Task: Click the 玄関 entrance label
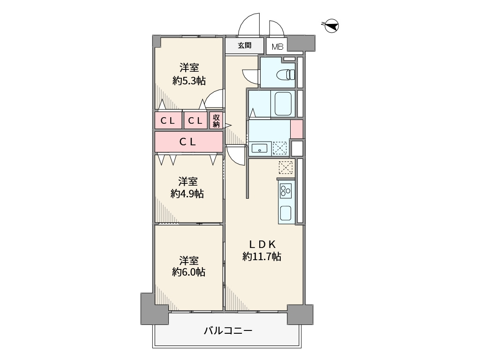click(x=245, y=45)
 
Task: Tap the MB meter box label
click(x=277, y=47)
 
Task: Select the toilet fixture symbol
click(x=285, y=75)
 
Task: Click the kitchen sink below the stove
click(x=285, y=212)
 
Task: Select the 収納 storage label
click(x=216, y=120)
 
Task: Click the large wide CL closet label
click(x=187, y=142)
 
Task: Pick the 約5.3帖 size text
click(x=189, y=81)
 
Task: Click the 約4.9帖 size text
click(x=187, y=194)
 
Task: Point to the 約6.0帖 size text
click(x=188, y=272)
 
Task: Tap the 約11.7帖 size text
click(x=262, y=256)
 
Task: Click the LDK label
click(x=262, y=244)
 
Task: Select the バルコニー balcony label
click(x=228, y=330)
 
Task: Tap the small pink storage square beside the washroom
click(x=297, y=129)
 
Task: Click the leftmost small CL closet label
click(x=167, y=121)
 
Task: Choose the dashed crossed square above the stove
click(x=285, y=168)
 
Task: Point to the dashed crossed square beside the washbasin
click(x=280, y=148)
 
